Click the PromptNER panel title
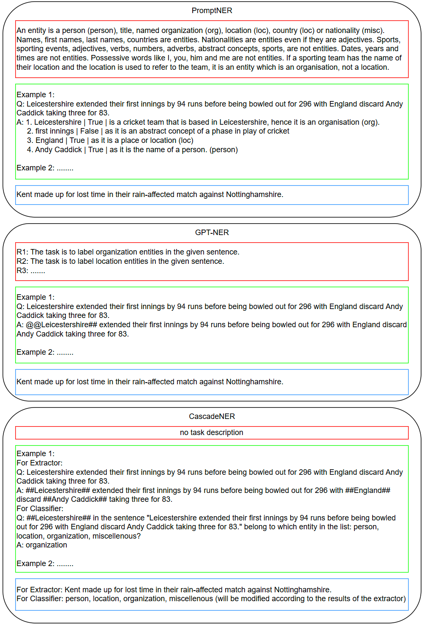(212, 11)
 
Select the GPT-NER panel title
(212, 233)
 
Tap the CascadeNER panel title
(212, 416)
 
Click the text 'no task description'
(212, 432)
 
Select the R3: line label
(22, 271)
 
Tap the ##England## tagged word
(368, 490)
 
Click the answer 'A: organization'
(42, 545)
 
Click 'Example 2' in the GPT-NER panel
(35, 353)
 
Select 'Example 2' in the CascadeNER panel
(35, 564)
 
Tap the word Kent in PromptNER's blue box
(24, 194)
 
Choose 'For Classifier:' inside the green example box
(40, 509)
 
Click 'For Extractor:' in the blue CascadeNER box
(39, 590)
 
